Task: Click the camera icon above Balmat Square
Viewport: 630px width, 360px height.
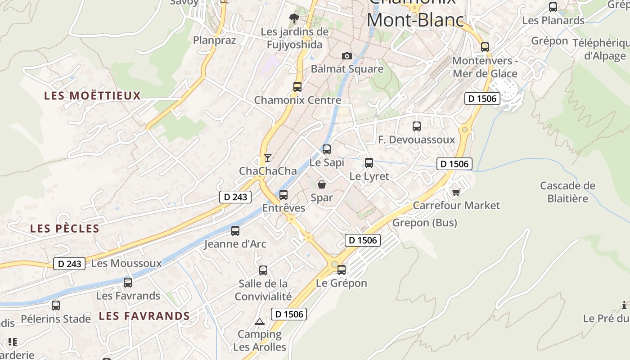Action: [346, 56]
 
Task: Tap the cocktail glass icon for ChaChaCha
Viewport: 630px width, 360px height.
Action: [268, 157]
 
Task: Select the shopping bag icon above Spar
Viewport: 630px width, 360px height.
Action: [322, 184]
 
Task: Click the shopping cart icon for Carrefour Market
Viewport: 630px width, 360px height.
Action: [456, 193]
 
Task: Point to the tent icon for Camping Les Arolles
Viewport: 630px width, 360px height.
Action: [259, 322]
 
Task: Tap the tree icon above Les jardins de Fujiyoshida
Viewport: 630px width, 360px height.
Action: [294, 18]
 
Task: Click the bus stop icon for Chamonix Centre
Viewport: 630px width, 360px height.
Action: [297, 87]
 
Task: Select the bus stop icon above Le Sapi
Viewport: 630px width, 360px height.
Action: [327, 149]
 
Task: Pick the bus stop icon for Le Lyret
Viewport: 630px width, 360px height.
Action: [369, 163]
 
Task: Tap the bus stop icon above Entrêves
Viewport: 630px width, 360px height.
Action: [283, 195]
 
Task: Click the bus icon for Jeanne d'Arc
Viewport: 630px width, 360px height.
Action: [235, 231]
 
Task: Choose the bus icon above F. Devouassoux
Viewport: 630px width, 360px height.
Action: [417, 126]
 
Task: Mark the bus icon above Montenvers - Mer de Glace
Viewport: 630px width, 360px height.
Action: [485, 47]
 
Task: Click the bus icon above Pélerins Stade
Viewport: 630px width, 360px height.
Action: [56, 306]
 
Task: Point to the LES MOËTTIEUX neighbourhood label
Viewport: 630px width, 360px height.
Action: [93, 95]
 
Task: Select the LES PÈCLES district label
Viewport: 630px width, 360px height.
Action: [65, 229]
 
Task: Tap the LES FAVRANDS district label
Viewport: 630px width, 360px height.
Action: [144, 316]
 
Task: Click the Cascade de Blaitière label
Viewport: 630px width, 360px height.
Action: [567, 192]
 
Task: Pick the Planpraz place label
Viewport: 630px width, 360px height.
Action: [214, 40]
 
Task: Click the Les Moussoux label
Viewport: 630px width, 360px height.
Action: [126, 263]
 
